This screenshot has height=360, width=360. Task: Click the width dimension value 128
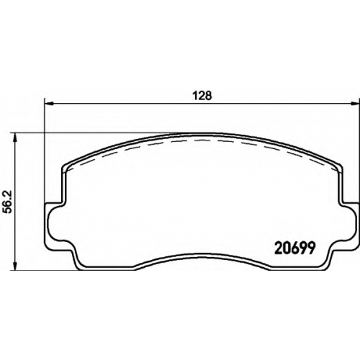203,96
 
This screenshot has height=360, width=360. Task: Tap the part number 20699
294,248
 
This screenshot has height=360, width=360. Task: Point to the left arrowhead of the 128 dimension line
49,104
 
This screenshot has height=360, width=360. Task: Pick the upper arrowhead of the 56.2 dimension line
15,137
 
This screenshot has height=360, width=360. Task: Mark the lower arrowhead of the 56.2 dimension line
15,266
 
